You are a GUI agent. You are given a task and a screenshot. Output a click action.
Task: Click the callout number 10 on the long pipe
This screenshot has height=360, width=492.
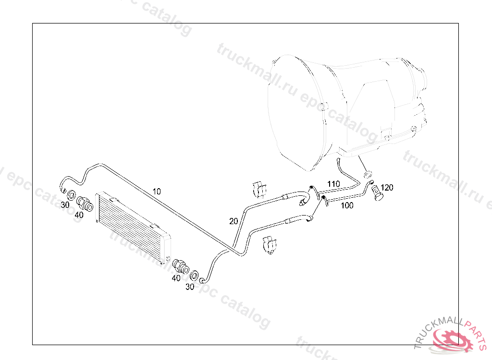tap(157, 191)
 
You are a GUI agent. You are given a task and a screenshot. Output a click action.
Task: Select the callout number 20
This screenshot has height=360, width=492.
tap(234, 221)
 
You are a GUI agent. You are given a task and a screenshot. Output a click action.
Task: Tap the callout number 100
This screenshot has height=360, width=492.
tap(347, 205)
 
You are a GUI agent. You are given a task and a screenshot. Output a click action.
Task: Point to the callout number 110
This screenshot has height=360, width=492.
tap(333, 183)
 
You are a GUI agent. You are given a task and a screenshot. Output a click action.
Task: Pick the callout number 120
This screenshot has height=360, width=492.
tap(387, 187)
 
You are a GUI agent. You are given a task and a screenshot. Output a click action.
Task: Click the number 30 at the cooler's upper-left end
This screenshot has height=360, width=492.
tap(65, 204)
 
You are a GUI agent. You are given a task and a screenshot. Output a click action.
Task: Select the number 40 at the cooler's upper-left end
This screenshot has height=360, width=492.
tap(79, 215)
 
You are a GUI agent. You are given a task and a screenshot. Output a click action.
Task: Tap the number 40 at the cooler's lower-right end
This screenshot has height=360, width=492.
tap(176, 277)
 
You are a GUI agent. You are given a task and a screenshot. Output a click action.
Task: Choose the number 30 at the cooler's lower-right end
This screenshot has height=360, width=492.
tap(190, 287)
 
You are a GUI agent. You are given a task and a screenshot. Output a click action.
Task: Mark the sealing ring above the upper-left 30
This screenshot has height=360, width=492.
tap(71, 195)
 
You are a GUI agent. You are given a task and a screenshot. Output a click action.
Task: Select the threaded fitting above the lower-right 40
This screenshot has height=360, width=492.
tap(181, 265)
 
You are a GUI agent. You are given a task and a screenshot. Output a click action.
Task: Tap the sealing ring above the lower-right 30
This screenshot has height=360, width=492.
tap(194, 275)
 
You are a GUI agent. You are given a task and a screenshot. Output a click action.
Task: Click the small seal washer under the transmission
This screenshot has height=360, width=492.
tap(369, 173)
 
